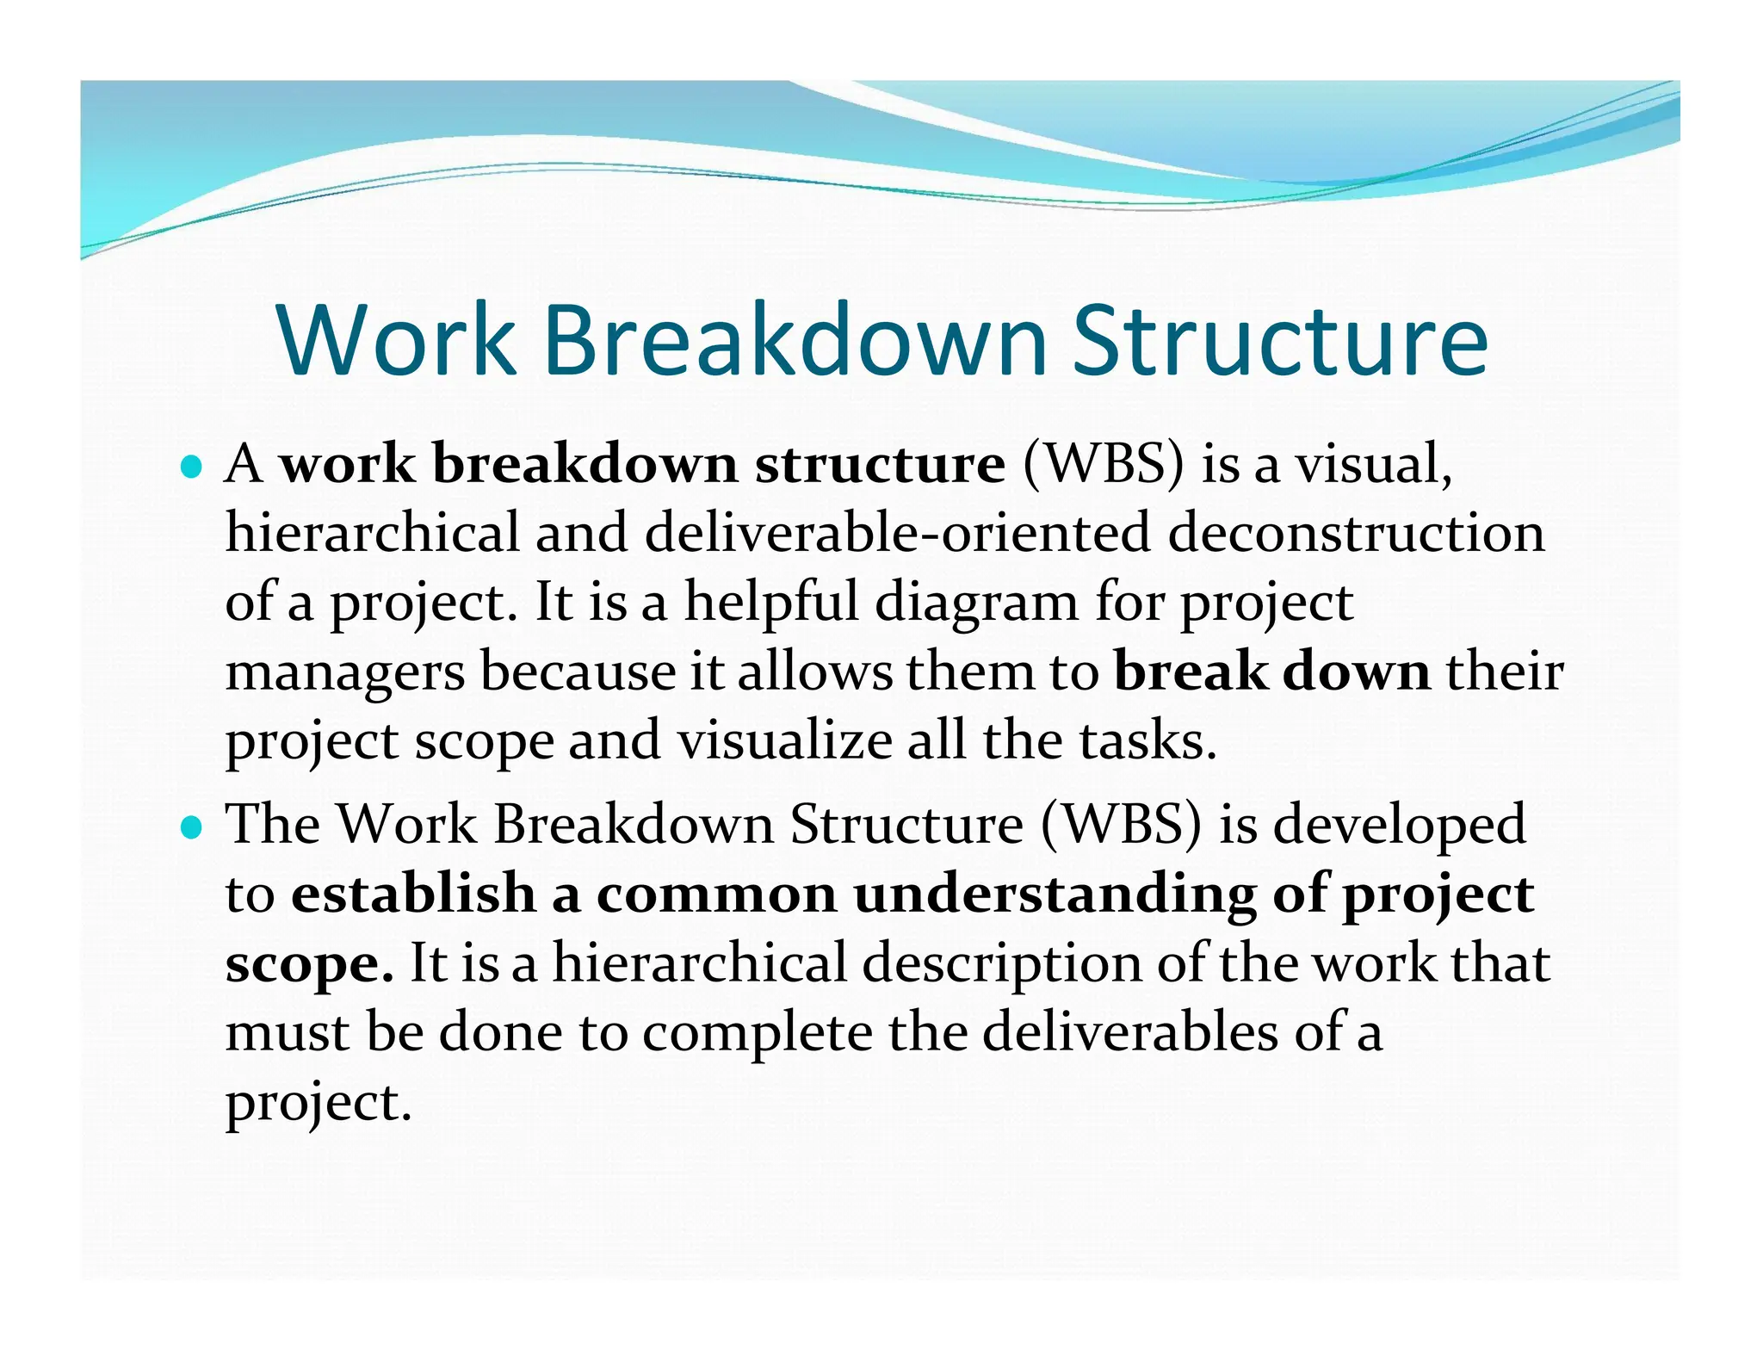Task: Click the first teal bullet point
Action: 192,467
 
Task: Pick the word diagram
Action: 977,602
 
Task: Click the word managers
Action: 344,672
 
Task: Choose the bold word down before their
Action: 1357,671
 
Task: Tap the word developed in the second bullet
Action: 1399,824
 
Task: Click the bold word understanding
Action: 1055,895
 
